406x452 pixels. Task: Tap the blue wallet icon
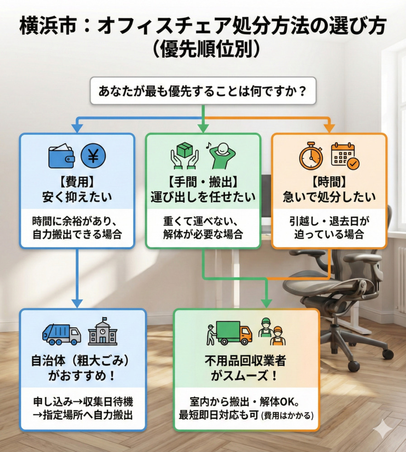62,156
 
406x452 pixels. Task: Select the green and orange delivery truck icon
233,333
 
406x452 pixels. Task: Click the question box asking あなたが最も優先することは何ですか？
202,91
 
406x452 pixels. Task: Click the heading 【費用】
77,182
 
